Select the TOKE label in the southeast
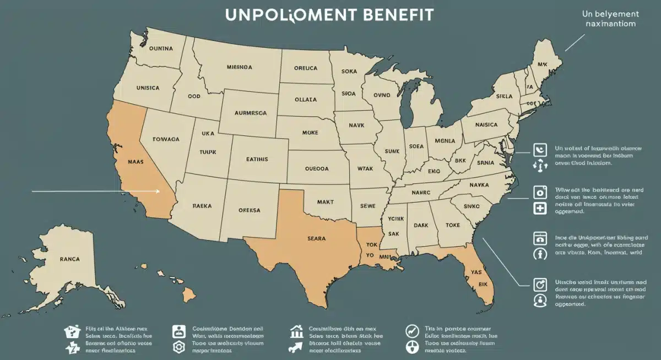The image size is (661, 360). pyautogui.click(x=453, y=225)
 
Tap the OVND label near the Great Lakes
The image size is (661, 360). pyautogui.click(x=381, y=95)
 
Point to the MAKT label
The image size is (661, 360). pyautogui.click(x=326, y=201)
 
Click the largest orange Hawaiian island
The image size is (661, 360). pyautogui.click(x=189, y=295)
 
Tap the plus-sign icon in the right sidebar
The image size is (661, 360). pyautogui.click(x=540, y=209)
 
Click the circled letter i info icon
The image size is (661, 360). pyautogui.click(x=540, y=254)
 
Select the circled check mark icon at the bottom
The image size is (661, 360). pyautogui.click(x=411, y=331)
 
